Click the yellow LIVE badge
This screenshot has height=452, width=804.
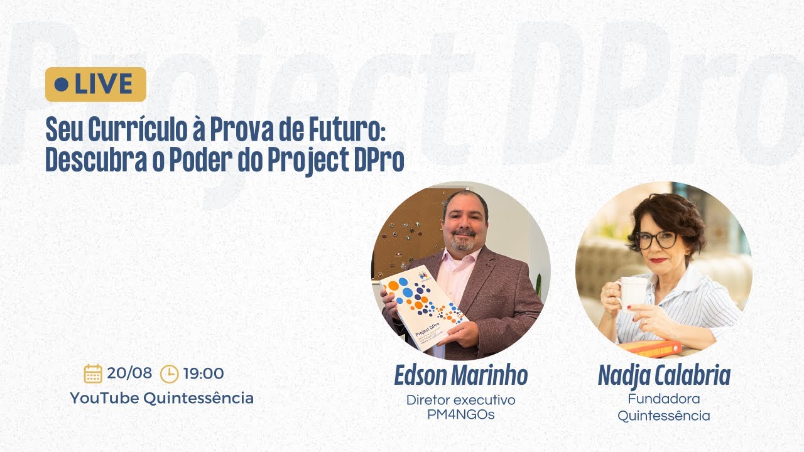[95, 84]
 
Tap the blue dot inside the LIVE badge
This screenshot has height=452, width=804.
[62, 84]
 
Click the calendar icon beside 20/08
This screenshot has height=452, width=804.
[93, 374]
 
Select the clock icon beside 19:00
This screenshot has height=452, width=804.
[169, 374]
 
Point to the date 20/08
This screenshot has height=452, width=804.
[129, 374]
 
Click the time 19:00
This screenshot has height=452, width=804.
[204, 374]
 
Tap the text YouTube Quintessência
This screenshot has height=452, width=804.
[161, 398]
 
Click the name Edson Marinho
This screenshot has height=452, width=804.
[460, 375]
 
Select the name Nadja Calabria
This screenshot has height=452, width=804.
[664, 375]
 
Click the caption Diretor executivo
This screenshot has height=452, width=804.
[460, 400]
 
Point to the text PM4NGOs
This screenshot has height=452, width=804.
[460, 415]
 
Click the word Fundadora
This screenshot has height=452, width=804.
[664, 399]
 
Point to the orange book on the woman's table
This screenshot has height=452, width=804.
[649, 348]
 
